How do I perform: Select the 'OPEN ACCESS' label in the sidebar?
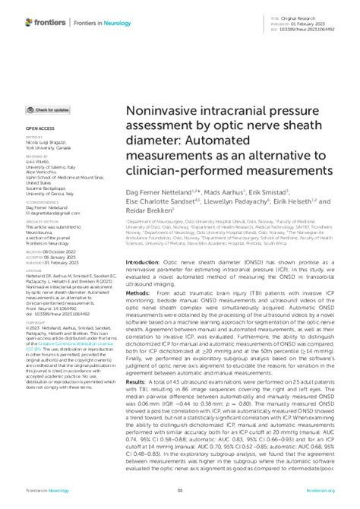click(39, 151)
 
